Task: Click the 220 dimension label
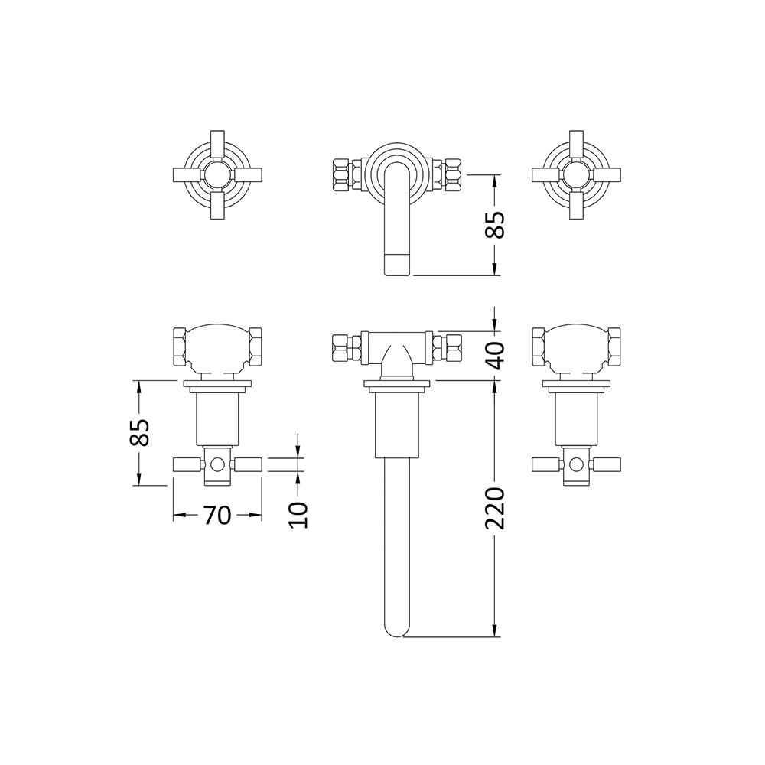(x=496, y=507)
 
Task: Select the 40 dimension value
(x=496, y=355)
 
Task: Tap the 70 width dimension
(x=217, y=516)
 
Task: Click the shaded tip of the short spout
(x=396, y=264)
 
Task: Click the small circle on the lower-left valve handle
(x=219, y=464)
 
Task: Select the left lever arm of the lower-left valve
(x=186, y=464)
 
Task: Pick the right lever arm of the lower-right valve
(x=608, y=464)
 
